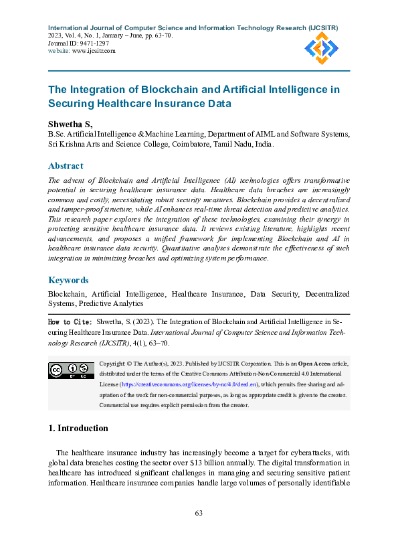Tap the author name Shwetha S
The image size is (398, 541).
click(x=70, y=125)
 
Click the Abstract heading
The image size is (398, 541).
click(x=66, y=166)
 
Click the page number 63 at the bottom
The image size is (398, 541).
click(x=199, y=513)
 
